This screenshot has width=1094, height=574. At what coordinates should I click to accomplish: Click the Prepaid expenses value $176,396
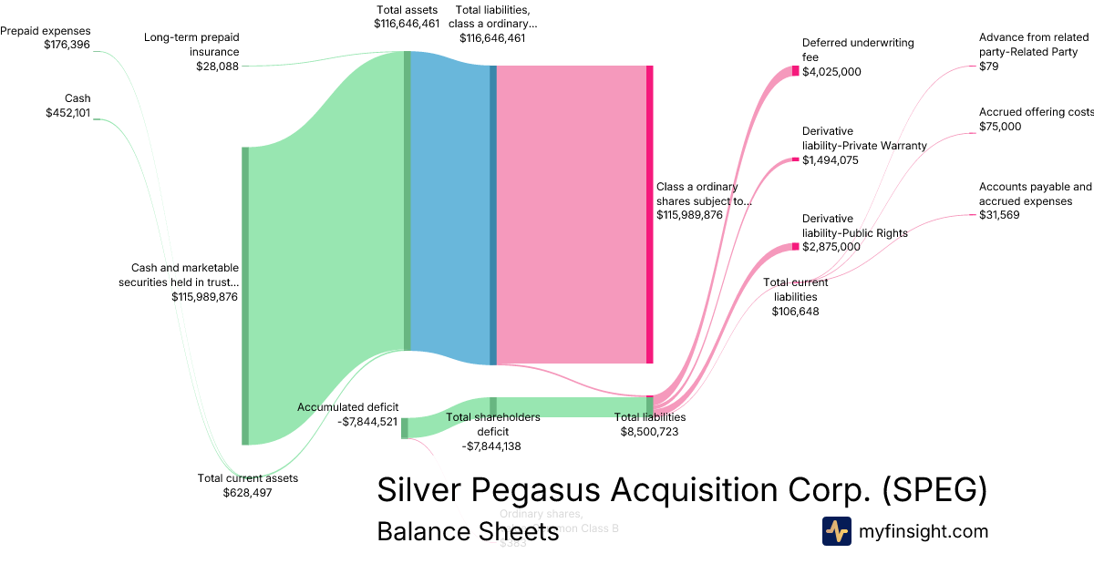(67, 44)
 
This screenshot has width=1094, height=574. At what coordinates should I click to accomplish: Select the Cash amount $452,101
(68, 113)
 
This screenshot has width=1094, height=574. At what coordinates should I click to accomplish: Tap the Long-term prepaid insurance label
(191, 45)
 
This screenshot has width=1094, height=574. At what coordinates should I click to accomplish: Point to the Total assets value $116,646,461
(408, 24)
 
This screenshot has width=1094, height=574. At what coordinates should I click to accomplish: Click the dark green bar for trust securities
(244, 295)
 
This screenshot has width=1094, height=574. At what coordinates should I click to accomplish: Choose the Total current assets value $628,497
(247, 492)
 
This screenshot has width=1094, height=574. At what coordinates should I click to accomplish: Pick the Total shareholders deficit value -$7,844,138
(492, 446)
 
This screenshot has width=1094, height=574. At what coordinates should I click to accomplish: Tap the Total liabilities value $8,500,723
(649, 431)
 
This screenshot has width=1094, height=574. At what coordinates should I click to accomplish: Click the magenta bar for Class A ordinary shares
(650, 214)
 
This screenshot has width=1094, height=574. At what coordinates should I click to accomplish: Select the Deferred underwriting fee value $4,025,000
(831, 72)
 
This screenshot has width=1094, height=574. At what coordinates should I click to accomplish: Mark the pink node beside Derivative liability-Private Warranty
(795, 160)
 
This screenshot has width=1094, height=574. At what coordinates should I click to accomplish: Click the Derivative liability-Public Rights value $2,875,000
(831, 247)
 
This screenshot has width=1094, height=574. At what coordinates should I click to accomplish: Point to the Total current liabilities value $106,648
(795, 311)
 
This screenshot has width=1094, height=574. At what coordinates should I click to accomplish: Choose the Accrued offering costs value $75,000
(1000, 127)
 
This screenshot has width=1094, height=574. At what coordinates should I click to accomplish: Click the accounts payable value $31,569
(999, 215)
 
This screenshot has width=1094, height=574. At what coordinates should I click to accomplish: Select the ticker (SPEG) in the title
(934, 489)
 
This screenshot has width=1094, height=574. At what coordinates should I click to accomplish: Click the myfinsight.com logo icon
(836, 531)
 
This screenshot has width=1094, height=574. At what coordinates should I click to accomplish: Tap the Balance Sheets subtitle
(468, 531)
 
